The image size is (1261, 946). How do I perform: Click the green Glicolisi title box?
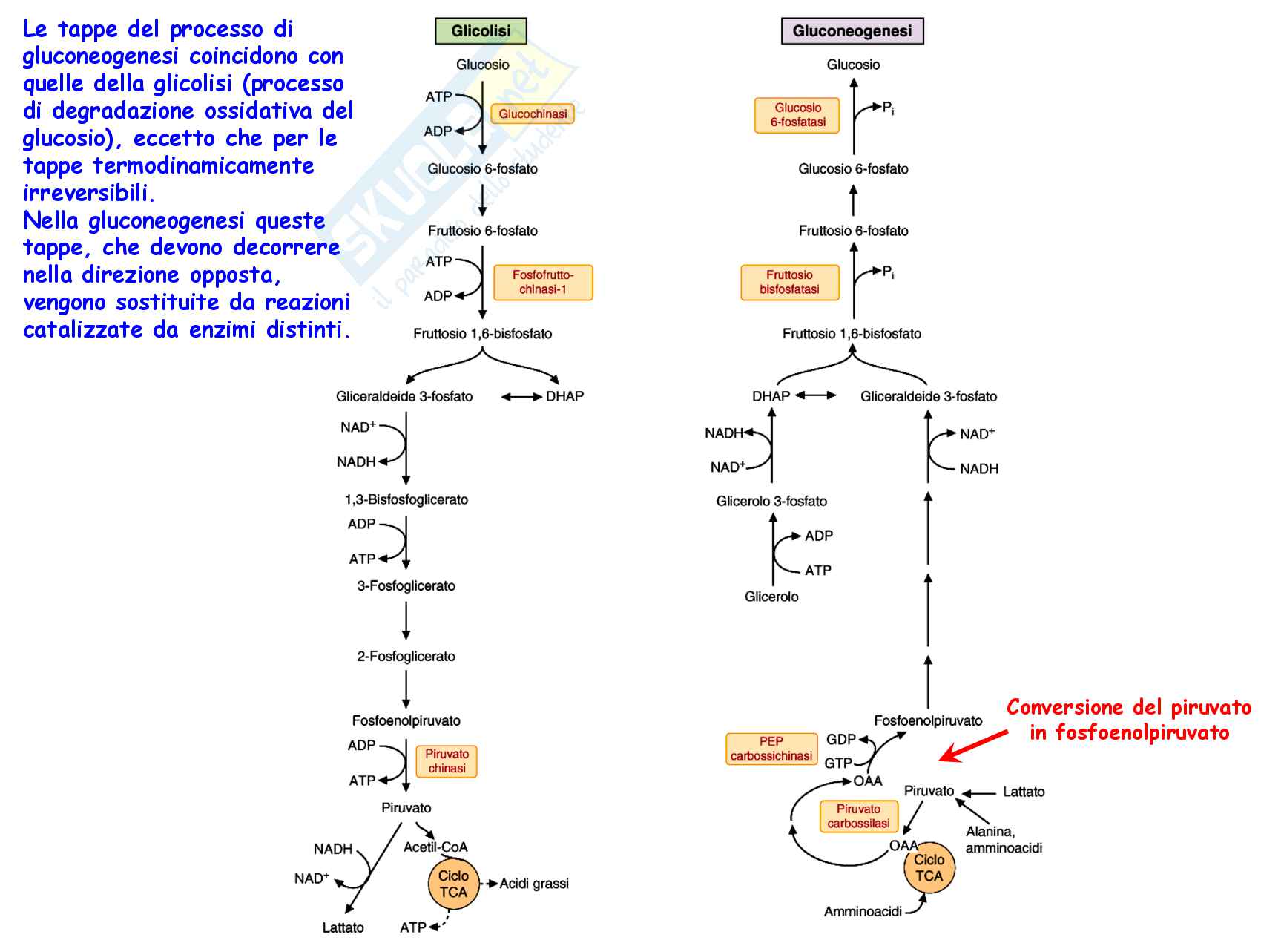pos(481,31)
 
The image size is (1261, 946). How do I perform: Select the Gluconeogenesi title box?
pos(852,31)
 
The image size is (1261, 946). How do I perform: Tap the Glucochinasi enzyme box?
pos(533,114)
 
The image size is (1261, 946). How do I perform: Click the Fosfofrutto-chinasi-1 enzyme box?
pos(543,282)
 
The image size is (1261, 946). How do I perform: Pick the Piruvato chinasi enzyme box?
pos(447,761)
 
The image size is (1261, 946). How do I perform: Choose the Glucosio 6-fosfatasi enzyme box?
pos(797,115)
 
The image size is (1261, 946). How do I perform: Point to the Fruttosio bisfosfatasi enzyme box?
pos(789,282)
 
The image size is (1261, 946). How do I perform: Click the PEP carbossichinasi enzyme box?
pos(771,749)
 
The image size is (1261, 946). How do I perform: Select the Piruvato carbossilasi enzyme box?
pos(858,816)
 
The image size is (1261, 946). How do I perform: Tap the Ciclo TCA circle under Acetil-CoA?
pos(453,884)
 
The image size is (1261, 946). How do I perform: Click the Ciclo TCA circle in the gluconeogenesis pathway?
pos(929,868)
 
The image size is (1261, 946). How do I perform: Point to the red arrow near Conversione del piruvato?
pos(973,745)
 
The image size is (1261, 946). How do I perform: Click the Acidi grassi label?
pos(534,884)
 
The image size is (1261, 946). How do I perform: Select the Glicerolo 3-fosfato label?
pos(771,501)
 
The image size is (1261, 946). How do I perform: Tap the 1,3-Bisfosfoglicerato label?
pos(406,499)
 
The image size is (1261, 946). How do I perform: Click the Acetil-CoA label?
pos(435,847)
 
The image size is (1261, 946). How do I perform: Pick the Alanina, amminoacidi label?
pos(1004,840)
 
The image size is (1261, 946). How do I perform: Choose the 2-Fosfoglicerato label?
pos(406,656)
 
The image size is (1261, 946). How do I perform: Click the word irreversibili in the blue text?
pos(88,193)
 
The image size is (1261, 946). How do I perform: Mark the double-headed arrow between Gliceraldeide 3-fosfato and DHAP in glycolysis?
pos(521,397)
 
